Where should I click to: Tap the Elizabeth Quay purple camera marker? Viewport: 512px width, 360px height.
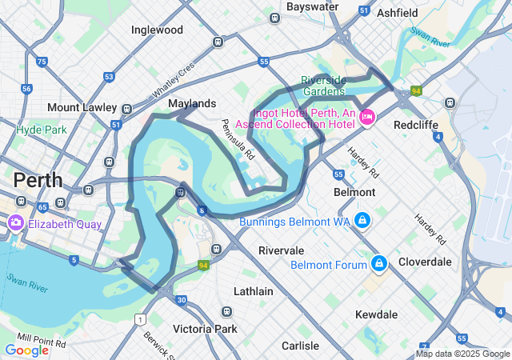pos(15,223)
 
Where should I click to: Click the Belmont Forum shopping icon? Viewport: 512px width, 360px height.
pos(379,263)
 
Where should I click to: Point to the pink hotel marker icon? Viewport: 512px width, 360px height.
pos(368,117)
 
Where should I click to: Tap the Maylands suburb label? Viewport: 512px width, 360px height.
pos(192,104)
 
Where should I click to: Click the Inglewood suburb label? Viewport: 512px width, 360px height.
pos(157,30)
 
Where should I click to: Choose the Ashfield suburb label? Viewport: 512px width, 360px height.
pos(398,14)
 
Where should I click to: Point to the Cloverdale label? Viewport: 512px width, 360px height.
pos(425,262)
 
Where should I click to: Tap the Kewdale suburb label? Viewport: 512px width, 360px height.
pos(376,314)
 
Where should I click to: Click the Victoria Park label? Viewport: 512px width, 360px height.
pos(205,329)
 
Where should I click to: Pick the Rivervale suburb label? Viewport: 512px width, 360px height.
pos(281,250)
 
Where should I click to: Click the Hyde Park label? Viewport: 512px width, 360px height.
pos(42,129)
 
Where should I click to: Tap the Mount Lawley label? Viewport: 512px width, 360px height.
pos(82,107)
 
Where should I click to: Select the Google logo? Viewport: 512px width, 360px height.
pos(26,350)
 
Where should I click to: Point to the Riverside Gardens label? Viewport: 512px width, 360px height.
pos(324,86)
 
